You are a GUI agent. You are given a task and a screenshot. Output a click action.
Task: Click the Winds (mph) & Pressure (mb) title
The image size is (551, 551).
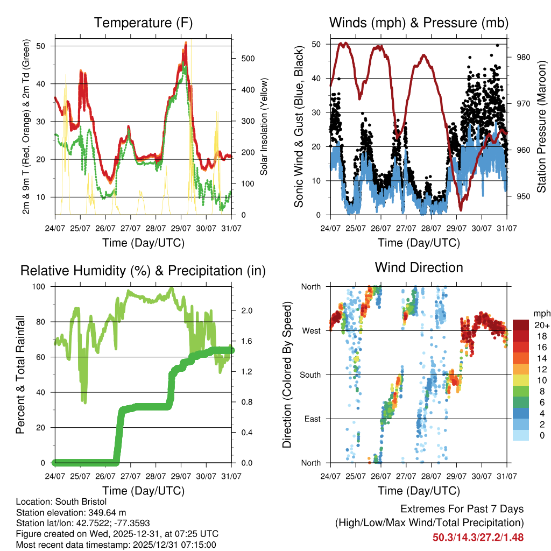[419, 23]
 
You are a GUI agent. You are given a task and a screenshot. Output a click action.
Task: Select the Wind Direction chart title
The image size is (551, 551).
[419, 267]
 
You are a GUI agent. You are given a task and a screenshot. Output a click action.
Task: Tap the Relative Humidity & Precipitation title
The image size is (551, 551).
[143, 271]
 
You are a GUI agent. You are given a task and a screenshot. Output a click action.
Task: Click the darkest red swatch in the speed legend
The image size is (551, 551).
[521, 324]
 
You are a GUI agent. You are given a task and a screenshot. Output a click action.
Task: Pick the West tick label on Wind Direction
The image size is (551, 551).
[310, 330]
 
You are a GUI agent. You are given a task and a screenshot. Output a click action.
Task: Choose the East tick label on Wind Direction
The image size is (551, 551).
[312, 419]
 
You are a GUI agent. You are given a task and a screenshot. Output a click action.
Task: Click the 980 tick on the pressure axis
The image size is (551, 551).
[524, 57]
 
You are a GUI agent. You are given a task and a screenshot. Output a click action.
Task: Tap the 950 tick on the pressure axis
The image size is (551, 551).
[524, 196]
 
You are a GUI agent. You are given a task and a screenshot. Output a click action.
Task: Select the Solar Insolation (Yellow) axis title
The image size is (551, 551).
[264, 127]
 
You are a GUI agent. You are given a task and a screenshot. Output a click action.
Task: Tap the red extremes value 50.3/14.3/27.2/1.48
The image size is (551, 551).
[478, 537]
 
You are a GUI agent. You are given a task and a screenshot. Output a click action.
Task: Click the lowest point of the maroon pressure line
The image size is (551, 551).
[461, 210]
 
